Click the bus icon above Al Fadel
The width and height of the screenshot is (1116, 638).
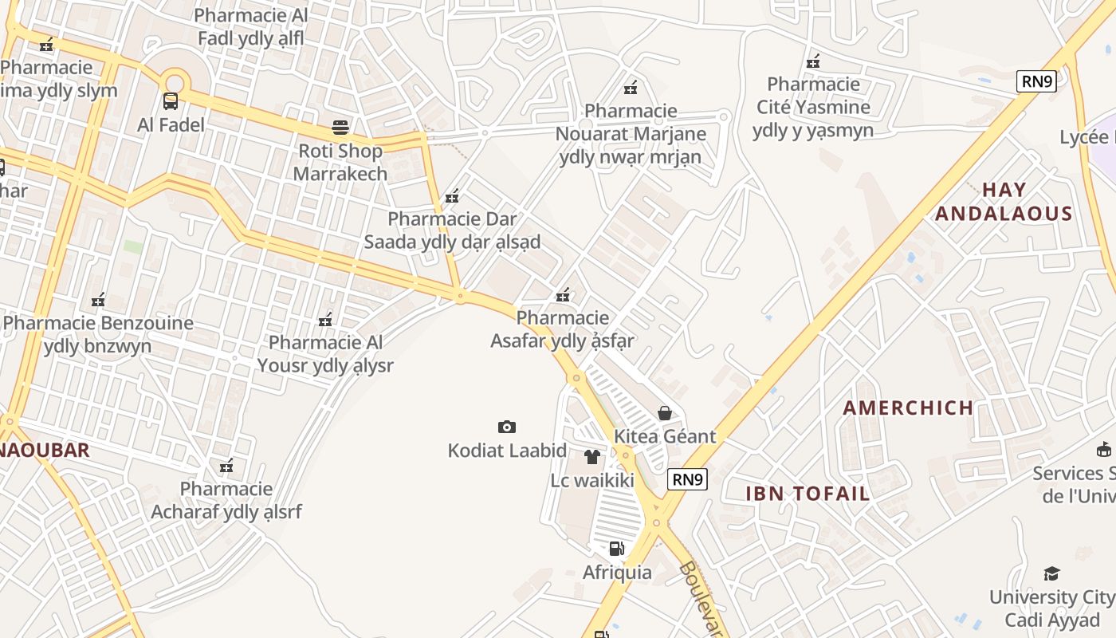[171, 101]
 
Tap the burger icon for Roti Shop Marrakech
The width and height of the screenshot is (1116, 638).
[340, 128]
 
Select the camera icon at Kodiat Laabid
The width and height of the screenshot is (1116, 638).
[506, 427]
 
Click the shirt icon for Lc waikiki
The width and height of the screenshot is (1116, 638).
[591, 457]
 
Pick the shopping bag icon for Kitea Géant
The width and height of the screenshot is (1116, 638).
[664, 412]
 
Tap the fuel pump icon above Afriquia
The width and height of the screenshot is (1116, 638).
[616, 548]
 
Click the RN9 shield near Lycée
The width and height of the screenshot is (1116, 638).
[1036, 81]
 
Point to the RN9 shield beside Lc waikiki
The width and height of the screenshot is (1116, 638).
[687, 479]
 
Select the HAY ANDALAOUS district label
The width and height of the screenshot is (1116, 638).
[1004, 202]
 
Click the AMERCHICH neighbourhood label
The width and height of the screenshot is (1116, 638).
[908, 408]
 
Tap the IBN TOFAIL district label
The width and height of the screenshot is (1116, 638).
[808, 494]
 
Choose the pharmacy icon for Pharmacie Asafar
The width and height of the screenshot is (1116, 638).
[563, 295]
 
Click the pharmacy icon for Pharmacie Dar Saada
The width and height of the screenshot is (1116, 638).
[452, 195]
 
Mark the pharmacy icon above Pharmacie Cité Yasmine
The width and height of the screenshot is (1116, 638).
[813, 61]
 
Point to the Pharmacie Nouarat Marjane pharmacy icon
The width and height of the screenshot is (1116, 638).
[631, 87]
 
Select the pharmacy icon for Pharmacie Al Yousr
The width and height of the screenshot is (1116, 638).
[325, 320]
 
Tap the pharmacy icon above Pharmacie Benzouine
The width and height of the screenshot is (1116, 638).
[98, 300]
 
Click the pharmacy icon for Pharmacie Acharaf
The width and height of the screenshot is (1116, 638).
[226, 465]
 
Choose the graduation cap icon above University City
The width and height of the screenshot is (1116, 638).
[1051, 573]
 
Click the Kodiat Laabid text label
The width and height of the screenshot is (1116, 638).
[507, 451]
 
